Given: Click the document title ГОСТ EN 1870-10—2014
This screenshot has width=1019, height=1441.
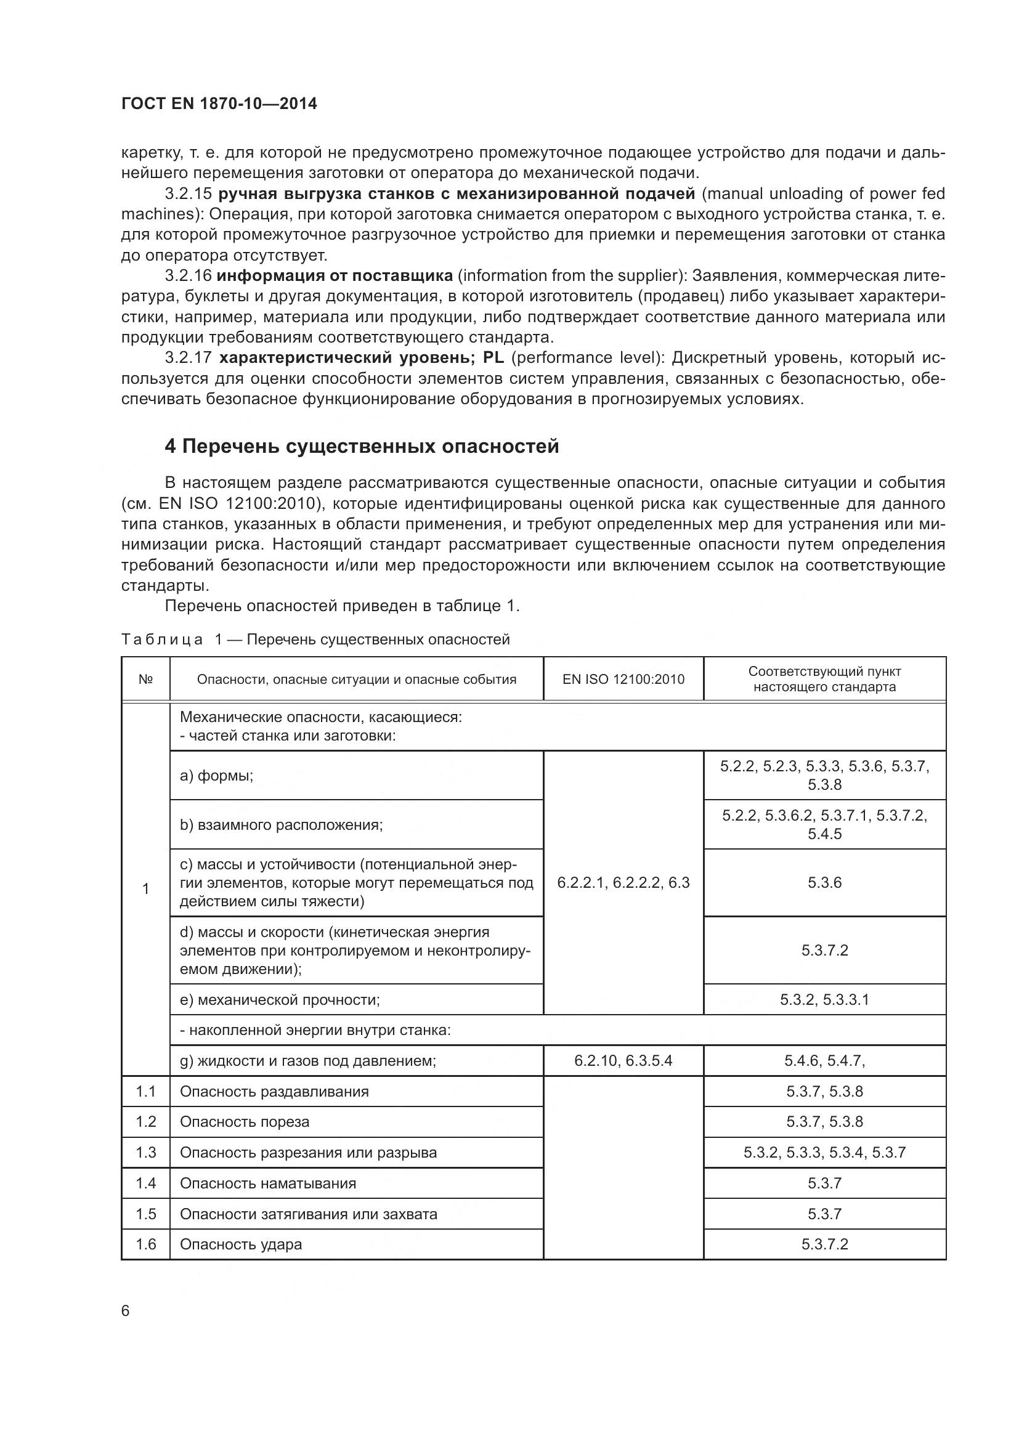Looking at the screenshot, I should point(219,104).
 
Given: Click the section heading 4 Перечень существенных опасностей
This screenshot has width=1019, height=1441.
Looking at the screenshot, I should point(362,446).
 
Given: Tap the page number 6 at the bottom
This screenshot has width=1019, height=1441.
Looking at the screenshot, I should point(126,1311).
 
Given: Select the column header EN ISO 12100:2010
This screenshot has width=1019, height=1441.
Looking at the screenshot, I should point(623,679).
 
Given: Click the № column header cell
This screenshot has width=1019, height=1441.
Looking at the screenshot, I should point(145,679).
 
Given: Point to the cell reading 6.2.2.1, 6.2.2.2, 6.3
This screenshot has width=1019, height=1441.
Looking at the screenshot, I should point(623,882).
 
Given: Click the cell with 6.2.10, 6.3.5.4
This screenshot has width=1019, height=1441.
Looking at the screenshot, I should point(623,1061).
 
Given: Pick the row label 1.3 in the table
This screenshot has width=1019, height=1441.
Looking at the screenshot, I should point(145,1152).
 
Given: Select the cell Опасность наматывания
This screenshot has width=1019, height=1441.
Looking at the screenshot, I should point(268,1183).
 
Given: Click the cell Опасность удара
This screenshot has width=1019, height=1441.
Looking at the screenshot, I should point(241,1244).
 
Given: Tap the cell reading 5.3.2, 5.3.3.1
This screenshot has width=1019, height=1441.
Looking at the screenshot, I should point(824,999).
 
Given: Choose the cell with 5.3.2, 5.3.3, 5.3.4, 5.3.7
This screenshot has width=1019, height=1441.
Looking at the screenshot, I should point(824,1152).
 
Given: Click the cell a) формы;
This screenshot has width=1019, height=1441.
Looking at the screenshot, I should point(216,776).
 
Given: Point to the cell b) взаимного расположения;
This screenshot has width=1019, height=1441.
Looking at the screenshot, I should point(281,825).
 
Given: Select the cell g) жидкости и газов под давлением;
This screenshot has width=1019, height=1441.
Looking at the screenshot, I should point(307,1061).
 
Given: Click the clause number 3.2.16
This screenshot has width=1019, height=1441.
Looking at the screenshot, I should point(188,275).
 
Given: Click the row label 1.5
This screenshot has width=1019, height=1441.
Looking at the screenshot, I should point(145,1214).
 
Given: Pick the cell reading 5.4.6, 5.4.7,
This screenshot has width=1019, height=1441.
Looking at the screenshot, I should point(824,1061).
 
